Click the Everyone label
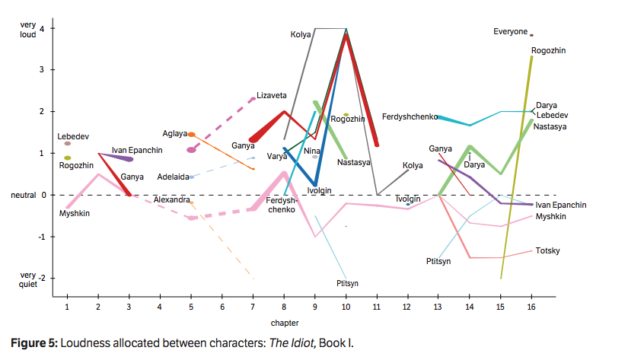(x=510, y=31)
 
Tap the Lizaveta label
(x=272, y=95)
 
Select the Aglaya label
(x=174, y=133)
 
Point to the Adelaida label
(x=173, y=177)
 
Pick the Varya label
(x=276, y=156)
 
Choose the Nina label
(x=311, y=151)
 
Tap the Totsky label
(x=548, y=250)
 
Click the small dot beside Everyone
(x=532, y=35)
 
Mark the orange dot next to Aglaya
(x=192, y=134)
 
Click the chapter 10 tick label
(x=346, y=306)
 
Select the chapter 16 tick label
(x=531, y=306)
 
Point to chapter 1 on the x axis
(x=67, y=306)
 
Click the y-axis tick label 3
(x=42, y=70)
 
